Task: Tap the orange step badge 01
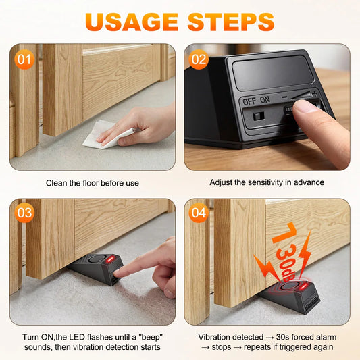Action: coord(24,59)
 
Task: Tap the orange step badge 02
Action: coord(199,59)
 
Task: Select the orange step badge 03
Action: coord(24,213)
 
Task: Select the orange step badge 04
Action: coord(199,213)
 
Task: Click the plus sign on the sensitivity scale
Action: coord(314,93)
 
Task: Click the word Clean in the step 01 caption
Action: coord(57,183)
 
